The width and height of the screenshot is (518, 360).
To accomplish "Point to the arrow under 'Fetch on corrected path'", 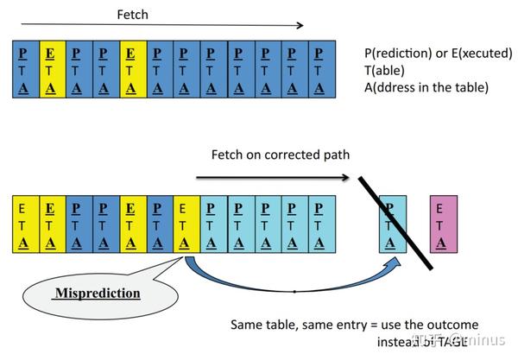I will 272,179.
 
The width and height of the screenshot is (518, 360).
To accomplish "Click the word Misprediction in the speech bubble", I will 98,294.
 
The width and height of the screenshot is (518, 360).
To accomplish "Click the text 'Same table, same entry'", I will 293,325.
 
